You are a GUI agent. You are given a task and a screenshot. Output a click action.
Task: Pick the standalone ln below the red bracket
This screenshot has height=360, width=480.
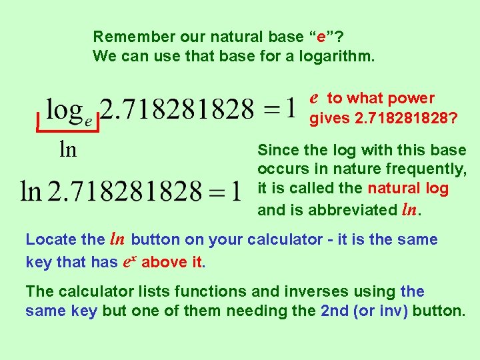(x=68, y=149)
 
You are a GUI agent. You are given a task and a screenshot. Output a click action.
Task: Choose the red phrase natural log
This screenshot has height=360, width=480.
(x=408, y=189)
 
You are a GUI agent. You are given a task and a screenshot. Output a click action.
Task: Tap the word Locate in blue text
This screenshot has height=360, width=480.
(x=47, y=239)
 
